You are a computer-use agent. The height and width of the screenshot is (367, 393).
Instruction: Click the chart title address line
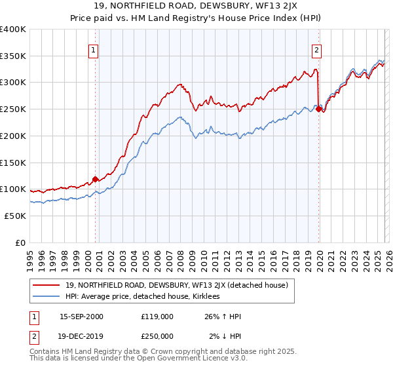coord(196,7)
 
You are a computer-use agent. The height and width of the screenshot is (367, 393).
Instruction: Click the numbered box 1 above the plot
coord(94,50)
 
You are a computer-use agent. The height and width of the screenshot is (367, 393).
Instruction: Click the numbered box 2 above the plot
coord(316,50)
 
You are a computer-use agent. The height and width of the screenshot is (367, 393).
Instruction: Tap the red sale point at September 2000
coord(95,178)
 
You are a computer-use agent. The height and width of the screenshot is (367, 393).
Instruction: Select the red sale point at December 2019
coord(319,109)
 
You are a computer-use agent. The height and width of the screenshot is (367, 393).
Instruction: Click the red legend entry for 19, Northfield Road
coord(180,285)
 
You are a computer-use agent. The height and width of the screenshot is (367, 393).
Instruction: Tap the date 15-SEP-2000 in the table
coord(81,317)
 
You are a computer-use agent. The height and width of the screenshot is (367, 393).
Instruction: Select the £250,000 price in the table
coord(157,336)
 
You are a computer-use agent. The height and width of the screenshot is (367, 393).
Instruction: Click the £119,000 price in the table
coord(157,317)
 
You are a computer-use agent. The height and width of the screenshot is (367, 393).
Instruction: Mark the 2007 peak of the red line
coord(180,84)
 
